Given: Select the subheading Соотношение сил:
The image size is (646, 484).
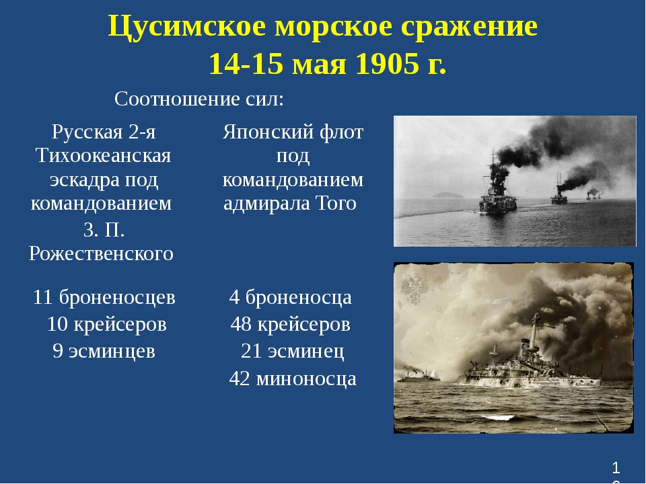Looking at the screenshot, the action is (199, 99).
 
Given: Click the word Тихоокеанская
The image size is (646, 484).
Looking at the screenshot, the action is (103, 155).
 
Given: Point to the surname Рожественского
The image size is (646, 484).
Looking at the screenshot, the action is (102, 253).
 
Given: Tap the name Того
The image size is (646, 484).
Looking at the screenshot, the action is (336, 203).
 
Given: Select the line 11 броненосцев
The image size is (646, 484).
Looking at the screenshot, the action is (104, 297).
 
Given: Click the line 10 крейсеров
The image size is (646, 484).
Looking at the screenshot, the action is (107, 324).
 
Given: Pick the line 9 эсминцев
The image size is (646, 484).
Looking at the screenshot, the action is (104, 351).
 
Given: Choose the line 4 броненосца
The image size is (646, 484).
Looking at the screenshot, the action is (291, 297).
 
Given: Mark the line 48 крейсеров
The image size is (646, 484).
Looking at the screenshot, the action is (291, 324).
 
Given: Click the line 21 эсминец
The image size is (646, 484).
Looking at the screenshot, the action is (293, 351).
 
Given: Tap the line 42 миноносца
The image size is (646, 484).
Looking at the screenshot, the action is (293, 378).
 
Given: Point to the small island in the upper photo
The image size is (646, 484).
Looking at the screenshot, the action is (448, 195).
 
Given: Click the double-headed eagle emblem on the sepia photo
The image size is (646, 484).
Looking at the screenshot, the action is (415, 289).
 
